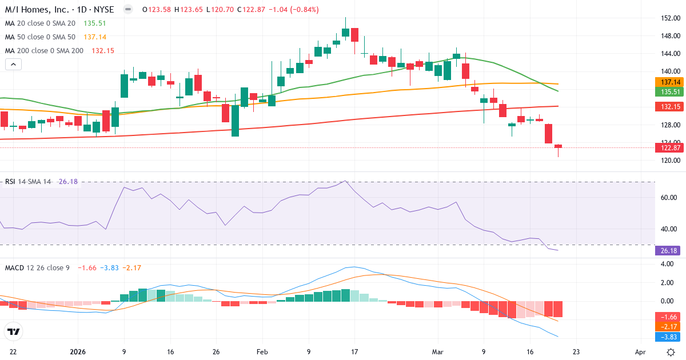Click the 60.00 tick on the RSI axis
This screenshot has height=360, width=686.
tap(668, 198)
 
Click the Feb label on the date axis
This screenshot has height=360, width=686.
tap(262, 352)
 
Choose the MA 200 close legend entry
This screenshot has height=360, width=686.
tap(44, 51)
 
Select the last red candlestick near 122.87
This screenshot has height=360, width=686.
tap(558, 147)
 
